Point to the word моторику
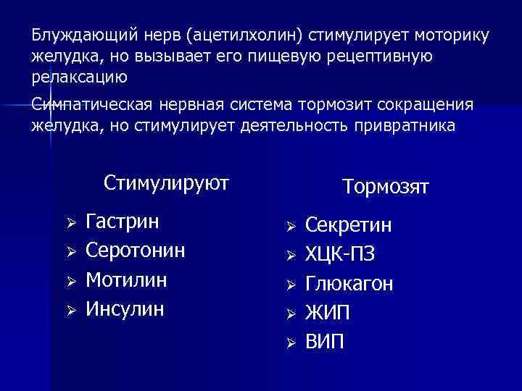(x=444, y=35)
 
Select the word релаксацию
(x=79, y=76)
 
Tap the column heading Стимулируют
(x=166, y=182)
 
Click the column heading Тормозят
(x=386, y=187)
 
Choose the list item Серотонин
(x=136, y=250)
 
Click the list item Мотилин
(x=126, y=279)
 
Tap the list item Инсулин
(x=125, y=309)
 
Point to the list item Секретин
(x=349, y=226)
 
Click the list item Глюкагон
(x=349, y=284)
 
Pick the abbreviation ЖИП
(x=327, y=313)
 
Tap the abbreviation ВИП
(x=326, y=342)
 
